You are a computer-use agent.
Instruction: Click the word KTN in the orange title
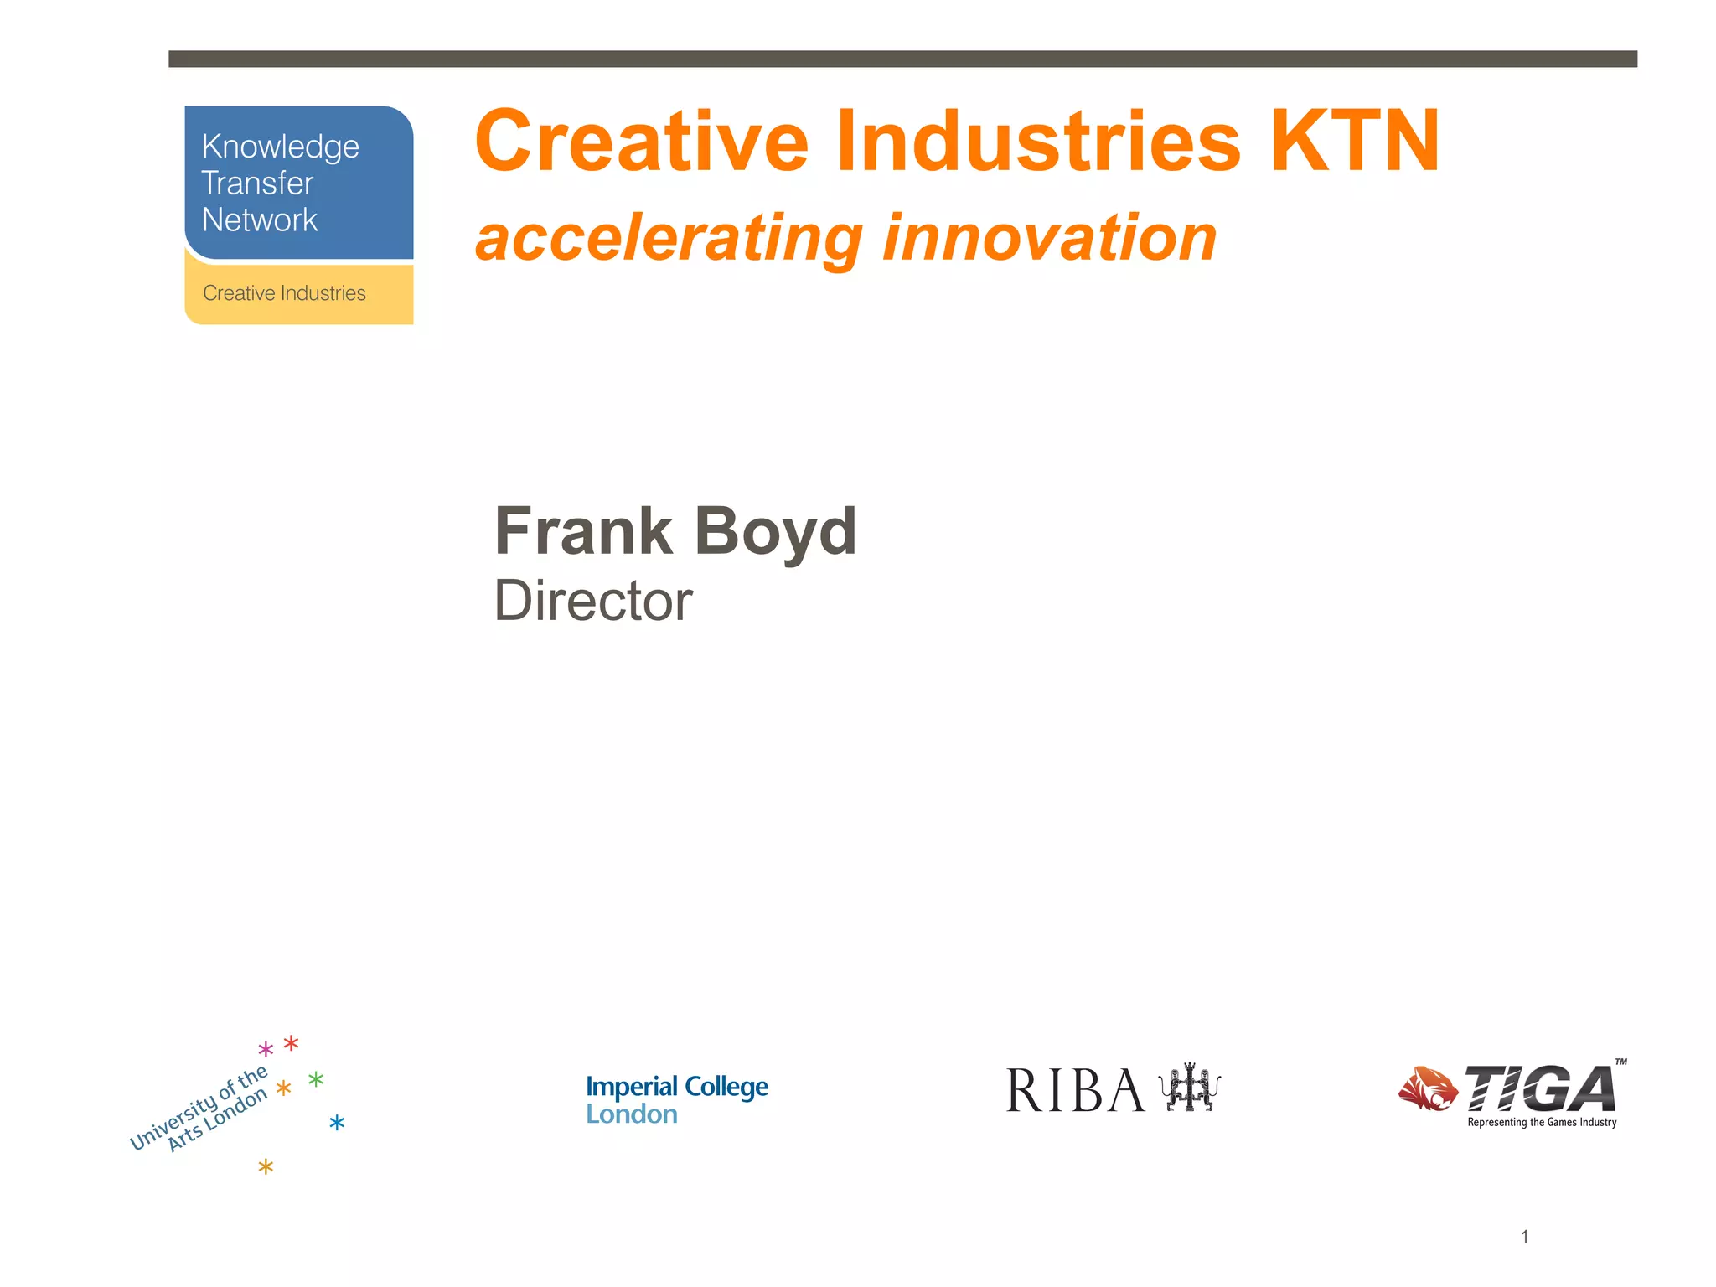point(1355,142)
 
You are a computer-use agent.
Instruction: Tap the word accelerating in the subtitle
point(669,239)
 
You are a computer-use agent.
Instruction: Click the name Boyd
point(775,531)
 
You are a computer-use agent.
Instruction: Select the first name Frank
point(583,531)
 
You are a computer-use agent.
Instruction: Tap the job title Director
point(593,601)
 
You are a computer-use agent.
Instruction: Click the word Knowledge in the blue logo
point(280,147)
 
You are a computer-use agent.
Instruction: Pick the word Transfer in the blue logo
point(257,183)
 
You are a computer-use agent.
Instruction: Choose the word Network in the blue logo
point(260,220)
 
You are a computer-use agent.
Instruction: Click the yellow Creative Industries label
point(284,293)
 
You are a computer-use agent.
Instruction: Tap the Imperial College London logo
point(676,1099)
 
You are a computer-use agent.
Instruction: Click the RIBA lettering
point(1075,1091)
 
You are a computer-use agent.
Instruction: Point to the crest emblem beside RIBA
point(1189,1088)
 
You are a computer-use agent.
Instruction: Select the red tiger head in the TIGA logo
point(1428,1088)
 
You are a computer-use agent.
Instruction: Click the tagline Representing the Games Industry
point(1542,1123)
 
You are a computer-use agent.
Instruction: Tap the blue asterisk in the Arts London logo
point(337,1123)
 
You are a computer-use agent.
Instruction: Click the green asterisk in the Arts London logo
point(316,1079)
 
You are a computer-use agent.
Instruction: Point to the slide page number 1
point(1525,1237)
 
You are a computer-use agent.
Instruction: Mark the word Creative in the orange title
point(641,142)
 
